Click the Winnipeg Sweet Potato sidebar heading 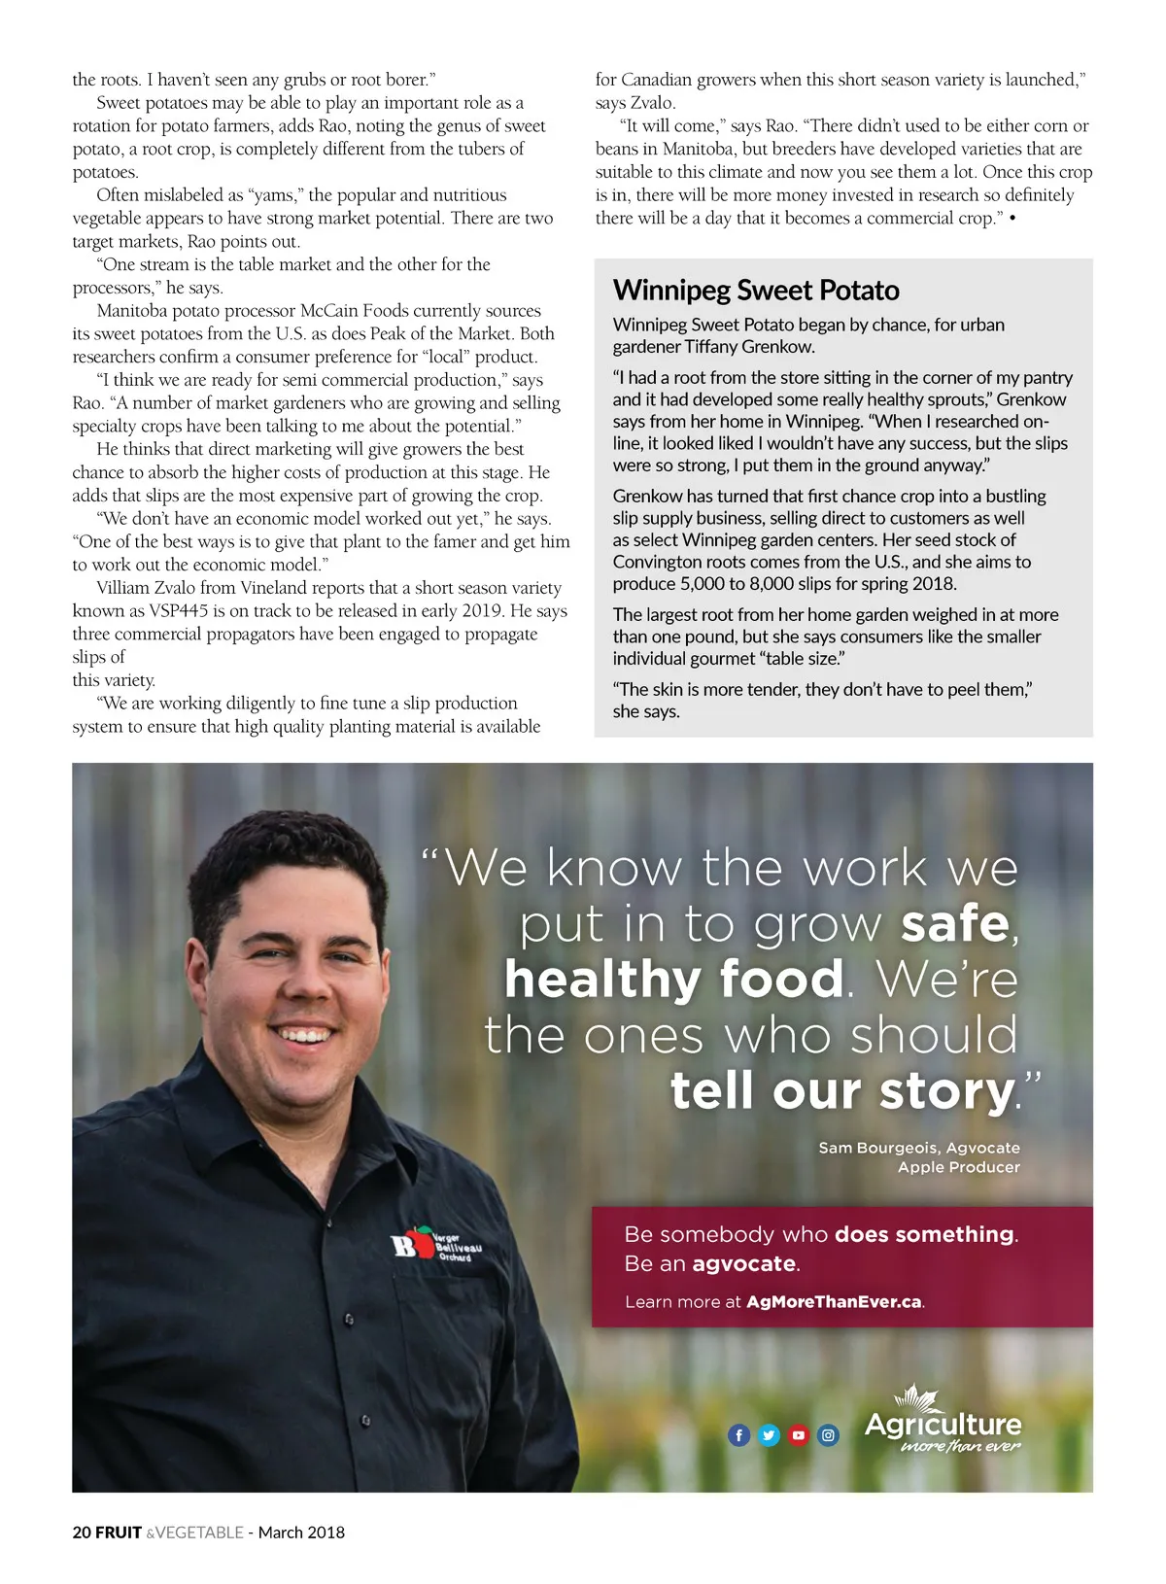[x=756, y=290]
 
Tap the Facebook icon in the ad [x=739, y=1434]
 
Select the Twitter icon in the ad [x=769, y=1434]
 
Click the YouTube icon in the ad [x=799, y=1434]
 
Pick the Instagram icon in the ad [x=828, y=1434]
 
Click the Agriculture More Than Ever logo [x=943, y=1423]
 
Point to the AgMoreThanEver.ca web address [x=834, y=1301]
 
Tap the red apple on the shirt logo [x=423, y=1240]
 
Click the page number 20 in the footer [x=82, y=1532]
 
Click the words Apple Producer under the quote [x=958, y=1167]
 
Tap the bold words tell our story [x=842, y=1090]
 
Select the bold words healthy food [x=673, y=979]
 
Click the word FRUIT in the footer [x=119, y=1532]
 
